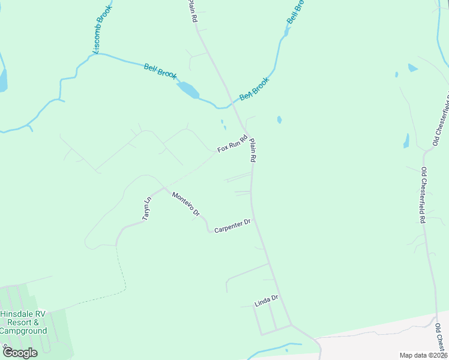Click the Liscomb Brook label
tap(101, 31)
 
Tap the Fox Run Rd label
tap(233, 144)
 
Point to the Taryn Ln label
tap(146, 209)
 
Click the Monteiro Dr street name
tap(185, 204)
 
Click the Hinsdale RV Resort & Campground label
tap(23, 322)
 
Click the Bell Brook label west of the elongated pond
tap(160, 71)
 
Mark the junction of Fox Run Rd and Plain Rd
tap(247, 134)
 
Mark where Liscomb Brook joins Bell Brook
tap(94, 53)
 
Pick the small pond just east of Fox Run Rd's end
tap(280, 119)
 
